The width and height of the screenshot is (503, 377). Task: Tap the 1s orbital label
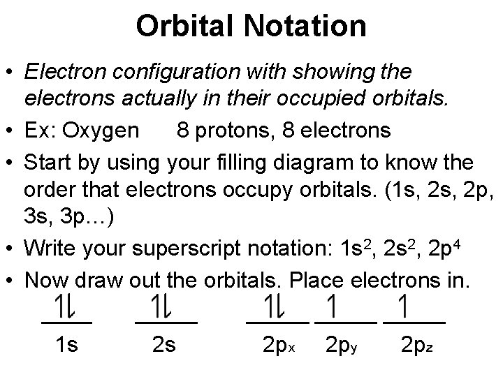tap(67, 345)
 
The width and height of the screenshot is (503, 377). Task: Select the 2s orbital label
tap(163, 345)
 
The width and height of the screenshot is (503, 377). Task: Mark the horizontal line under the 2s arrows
tap(166, 322)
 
